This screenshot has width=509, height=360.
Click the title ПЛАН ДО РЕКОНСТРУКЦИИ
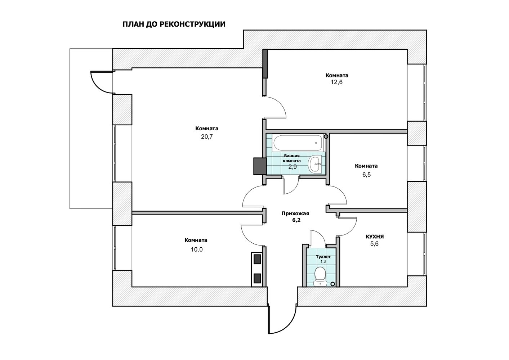pos(174,24)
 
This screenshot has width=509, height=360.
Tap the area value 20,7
pos(207,137)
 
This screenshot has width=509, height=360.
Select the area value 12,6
pos(336,82)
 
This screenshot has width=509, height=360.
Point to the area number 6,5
pos(366,175)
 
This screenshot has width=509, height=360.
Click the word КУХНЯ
pos(375,237)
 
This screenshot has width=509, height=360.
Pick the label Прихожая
pos(295,213)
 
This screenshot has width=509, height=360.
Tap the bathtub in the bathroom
pos(298,143)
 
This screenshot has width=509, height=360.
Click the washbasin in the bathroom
pos(315,164)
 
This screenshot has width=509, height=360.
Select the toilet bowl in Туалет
pos(320,276)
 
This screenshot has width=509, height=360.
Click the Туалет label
pos(323,257)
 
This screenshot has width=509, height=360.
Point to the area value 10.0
pos(197,249)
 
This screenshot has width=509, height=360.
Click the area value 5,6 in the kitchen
pos(374,244)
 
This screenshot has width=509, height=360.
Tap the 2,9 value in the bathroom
pos(293,167)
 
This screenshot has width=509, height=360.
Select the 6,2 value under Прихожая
pos(296,220)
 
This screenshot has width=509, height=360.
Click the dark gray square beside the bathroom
pos(260,166)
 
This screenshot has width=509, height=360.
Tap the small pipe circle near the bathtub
pos(326,136)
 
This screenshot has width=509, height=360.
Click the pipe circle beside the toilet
pos(332,284)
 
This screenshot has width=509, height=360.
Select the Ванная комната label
pos(292,158)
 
